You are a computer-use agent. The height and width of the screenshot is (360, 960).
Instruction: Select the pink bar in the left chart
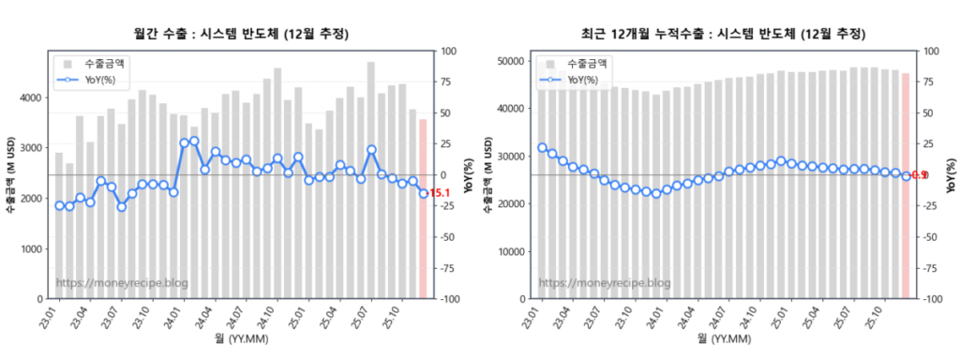click(423, 208)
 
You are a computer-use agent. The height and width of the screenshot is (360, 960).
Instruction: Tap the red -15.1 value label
click(441, 194)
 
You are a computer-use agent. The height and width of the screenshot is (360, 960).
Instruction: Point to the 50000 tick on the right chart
click(508, 61)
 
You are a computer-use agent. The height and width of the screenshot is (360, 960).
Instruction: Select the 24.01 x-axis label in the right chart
click(660, 314)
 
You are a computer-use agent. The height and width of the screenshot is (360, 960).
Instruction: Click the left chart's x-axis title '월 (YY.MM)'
click(241, 338)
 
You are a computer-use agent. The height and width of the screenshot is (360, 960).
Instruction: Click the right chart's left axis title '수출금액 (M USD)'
click(489, 174)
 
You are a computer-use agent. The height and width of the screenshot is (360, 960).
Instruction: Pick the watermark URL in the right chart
click(605, 283)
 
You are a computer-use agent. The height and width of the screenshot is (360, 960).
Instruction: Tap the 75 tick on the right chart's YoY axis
click(930, 82)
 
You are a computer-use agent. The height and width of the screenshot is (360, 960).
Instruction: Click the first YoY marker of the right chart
click(542, 147)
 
